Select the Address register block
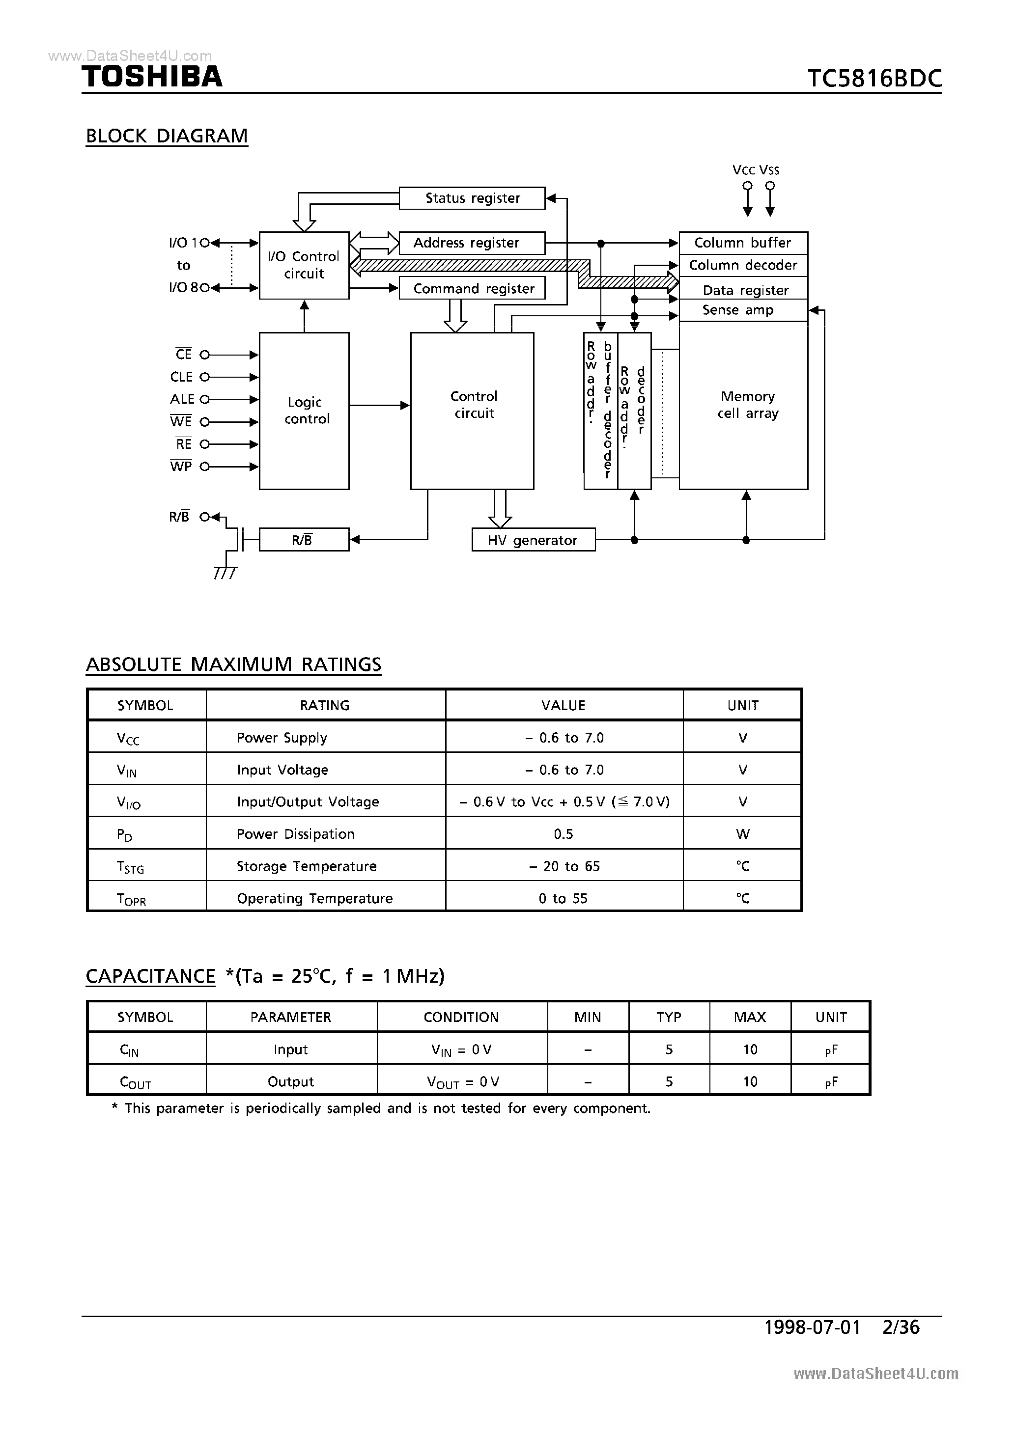[x=472, y=243]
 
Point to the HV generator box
[x=533, y=540]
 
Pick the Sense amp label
[x=738, y=310]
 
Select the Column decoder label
[x=743, y=265]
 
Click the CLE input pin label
[x=181, y=377]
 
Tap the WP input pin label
[x=181, y=467]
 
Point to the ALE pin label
[x=182, y=399]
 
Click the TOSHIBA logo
[x=152, y=77]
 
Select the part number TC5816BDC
[x=874, y=79]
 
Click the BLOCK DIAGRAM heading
[x=167, y=136]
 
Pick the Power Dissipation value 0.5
[x=563, y=834]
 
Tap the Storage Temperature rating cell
[x=307, y=866]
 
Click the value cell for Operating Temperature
[x=563, y=899]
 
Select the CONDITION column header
[x=461, y=1018]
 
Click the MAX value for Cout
[x=750, y=1081]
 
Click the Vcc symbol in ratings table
[x=128, y=739]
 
